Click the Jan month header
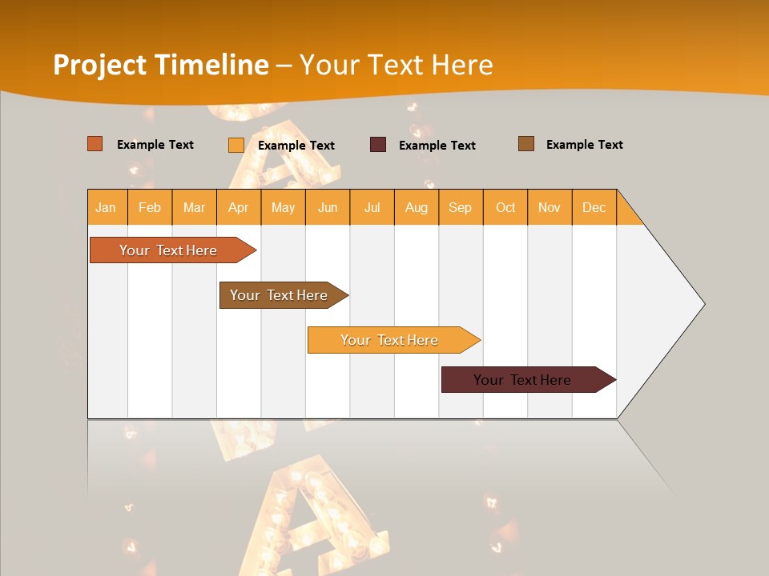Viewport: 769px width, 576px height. [107, 208]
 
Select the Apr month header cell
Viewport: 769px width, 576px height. [239, 208]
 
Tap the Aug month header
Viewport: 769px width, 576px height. [417, 208]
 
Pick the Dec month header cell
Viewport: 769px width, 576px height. [594, 208]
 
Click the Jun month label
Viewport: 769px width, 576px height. [328, 208]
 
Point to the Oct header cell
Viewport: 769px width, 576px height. [505, 208]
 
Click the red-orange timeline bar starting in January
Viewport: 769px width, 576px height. [168, 250]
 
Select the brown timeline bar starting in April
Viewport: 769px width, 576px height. [279, 295]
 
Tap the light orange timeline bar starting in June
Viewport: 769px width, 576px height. [389, 340]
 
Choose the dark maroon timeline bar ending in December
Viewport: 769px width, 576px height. [522, 380]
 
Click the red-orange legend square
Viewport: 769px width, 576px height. [95, 144]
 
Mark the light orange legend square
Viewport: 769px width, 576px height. [236, 145]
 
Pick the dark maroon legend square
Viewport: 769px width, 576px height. [378, 145]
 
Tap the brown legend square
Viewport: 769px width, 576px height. [526, 144]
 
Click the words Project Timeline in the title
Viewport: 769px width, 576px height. [160, 65]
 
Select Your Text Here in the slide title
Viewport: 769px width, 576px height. [397, 65]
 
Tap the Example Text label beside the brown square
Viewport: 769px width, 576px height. [584, 145]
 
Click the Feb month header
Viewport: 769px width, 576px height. [150, 208]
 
